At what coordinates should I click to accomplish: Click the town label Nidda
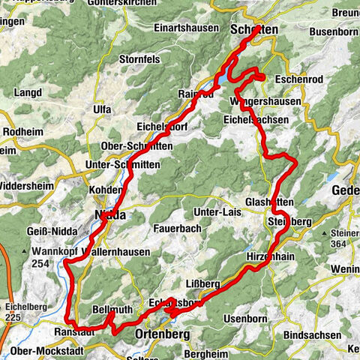(110, 216)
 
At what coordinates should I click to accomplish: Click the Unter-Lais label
(217, 212)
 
